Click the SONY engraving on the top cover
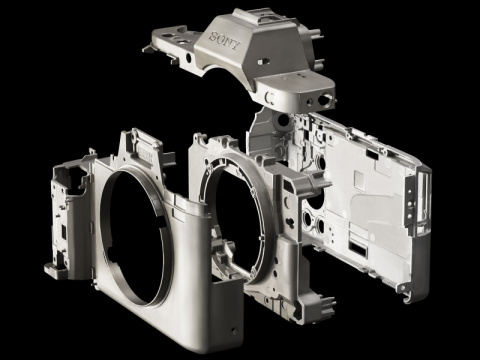click(x=225, y=41)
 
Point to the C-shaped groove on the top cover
click(x=270, y=98)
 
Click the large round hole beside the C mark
click(x=324, y=99)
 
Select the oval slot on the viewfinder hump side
click(x=263, y=61)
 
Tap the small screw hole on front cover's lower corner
click(x=234, y=331)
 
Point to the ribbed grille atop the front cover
click(x=143, y=154)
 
